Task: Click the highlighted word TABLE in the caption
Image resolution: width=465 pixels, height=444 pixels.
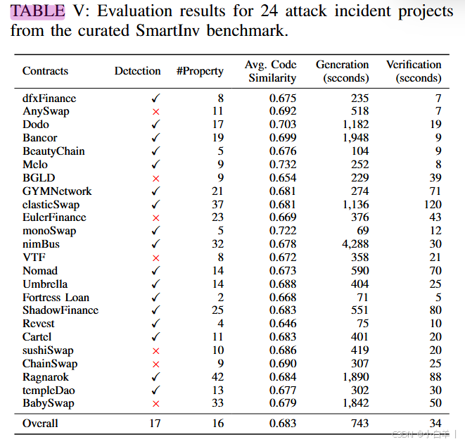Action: tap(37, 11)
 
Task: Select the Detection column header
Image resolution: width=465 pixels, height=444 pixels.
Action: tap(137, 71)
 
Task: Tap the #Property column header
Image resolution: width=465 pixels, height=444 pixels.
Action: tap(200, 71)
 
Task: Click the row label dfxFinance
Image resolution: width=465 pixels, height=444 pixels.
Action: tap(49, 98)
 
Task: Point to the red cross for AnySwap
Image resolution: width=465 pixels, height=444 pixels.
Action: tap(155, 112)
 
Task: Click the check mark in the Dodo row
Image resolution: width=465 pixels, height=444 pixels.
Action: tap(155, 125)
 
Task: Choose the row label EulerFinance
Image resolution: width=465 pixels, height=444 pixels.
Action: tap(54, 217)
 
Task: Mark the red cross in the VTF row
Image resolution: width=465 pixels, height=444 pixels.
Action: tap(155, 258)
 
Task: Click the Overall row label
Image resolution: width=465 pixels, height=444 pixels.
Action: tap(40, 423)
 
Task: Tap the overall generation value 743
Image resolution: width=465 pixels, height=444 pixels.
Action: tap(359, 423)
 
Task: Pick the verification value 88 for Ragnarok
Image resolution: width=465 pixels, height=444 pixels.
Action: tap(435, 377)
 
